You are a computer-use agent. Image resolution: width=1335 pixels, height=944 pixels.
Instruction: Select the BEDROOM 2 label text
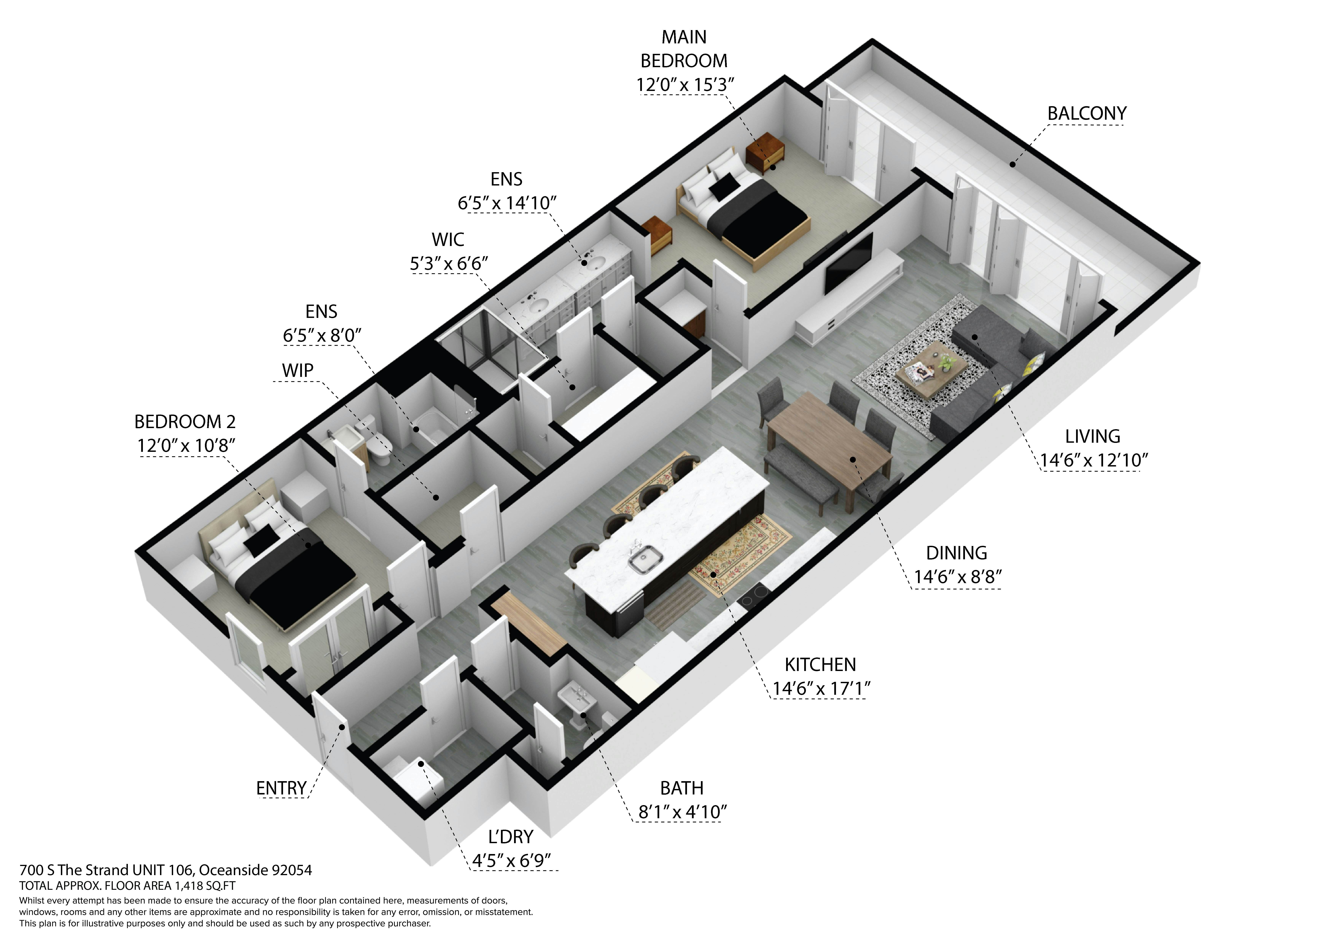point(185,421)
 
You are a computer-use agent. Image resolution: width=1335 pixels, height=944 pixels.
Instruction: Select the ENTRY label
point(281,788)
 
